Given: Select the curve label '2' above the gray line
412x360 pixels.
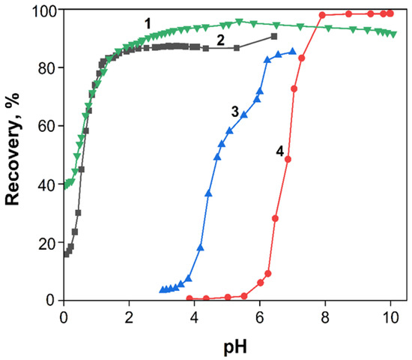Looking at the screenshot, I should tap(221, 40).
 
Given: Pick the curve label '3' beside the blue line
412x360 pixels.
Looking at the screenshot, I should tap(234, 111).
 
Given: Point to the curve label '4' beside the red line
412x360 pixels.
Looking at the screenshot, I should tap(279, 151).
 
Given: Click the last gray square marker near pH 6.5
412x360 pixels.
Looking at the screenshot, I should tap(274, 37).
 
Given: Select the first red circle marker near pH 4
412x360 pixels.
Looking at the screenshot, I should tap(190, 298).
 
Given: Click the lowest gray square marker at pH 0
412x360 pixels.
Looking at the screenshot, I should tap(66, 254).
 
